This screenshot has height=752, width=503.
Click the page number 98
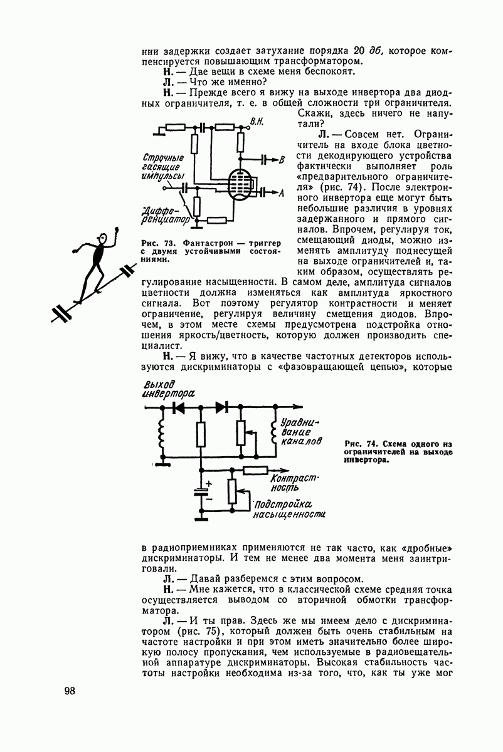coord(69,691)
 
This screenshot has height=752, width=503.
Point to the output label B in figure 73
coord(282,160)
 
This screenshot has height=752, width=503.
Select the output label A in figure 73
coord(281,192)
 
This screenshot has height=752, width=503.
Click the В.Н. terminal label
coord(256,120)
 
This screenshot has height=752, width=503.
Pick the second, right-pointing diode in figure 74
coord(221,407)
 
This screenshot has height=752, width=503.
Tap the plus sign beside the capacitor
coord(209,483)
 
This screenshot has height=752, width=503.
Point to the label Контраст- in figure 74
coord(295,478)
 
